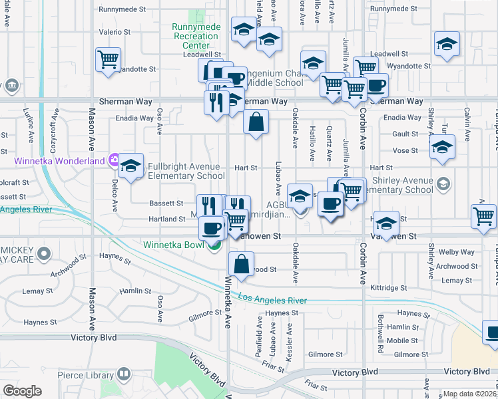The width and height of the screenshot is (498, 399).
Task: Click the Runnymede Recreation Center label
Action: click(196, 36)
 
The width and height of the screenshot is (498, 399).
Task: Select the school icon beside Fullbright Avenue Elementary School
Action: click(131, 166)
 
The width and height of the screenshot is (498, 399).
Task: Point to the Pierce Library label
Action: click(85, 376)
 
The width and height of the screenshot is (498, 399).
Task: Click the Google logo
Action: click(22, 391)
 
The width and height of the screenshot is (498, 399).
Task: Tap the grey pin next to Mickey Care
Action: click(45, 253)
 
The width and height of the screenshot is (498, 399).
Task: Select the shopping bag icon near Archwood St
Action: click(241, 264)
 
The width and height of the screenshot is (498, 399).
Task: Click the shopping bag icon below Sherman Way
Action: click(256, 122)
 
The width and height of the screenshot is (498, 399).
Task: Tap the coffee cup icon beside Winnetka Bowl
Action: click(212, 228)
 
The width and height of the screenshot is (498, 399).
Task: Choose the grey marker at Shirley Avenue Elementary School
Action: click(443, 183)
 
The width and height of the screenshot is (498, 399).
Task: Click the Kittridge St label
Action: click(388, 288)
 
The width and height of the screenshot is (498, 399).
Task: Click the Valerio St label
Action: click(115, 32)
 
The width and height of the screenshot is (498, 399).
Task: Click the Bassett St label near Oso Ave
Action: click(166, 203)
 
